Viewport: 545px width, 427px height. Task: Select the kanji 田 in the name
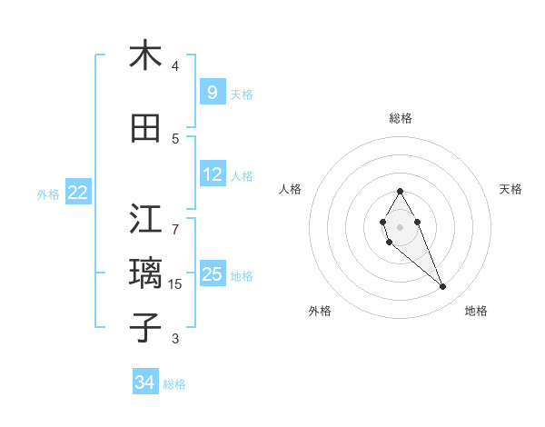(x=145, y=129)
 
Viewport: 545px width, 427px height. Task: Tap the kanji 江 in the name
(x=145, y=218)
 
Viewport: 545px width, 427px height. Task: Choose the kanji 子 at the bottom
(x=145, y=327)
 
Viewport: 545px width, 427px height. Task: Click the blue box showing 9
(x=212, y=92)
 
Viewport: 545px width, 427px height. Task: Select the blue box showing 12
(x=212, y=174)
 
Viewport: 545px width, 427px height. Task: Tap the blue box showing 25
(x=212, y=274)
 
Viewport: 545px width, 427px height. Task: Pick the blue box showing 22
(x=78, y=193)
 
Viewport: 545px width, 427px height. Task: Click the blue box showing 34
(x=145, y=382)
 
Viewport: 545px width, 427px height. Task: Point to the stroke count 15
(x=175, y=284)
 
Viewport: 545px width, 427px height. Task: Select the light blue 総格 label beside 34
(x=174, y=384)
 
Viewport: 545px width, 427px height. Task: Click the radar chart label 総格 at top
(x=400, y=118)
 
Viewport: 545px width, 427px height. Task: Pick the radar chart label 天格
(x=510, y=189)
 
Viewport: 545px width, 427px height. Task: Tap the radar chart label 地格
(x=476, y=311)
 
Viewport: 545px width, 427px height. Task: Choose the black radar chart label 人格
(x=290, y=189)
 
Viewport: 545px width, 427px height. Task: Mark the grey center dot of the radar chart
(x=400, y=226)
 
